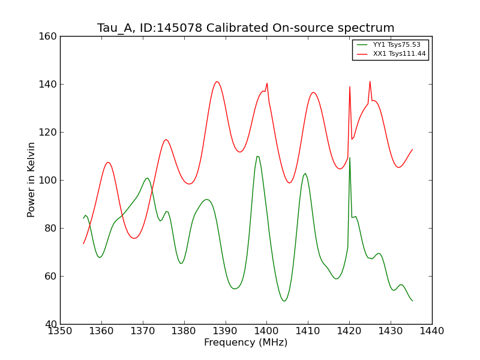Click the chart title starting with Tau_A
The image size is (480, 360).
pyautogui.click(x=246, y=28)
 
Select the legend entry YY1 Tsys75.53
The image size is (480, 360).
pyautogui.click(x=397, y=44)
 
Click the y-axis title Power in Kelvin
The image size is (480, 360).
pyautogui.click(x=31, y=179)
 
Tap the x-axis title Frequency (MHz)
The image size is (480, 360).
pyautogui.click(x=246, y=343)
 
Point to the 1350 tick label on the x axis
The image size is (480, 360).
pyautogui.click(x=60, y=331)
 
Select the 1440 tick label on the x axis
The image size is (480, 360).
pyautogui.click(x=432, y=331)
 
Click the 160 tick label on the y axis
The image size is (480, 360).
pyautogui.click(x=50, y=36)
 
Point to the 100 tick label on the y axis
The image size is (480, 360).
pyautogui.click(x=50, y=180)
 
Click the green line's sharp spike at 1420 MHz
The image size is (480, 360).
pyautogui.click(x=350, y=158)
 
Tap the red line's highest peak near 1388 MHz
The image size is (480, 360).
pyautogui.click(x=217, y=82)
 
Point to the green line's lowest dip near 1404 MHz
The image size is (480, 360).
pyautogui.click(x=284, y=301)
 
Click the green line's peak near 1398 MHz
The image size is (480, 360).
pyautogui.click(x=257, y=157)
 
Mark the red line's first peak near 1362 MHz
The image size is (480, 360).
pyautogui.click(x=108, y=162)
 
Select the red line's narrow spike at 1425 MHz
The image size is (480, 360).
pyautogui.click(x=370, y=82)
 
